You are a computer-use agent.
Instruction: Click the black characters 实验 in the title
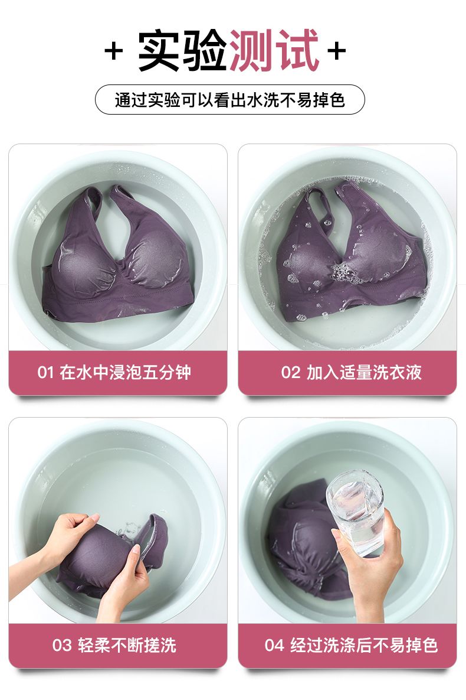tap(183, 50)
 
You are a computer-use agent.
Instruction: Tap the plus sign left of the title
tap(114, 51)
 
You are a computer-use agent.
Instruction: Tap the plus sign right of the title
tap(337, 50)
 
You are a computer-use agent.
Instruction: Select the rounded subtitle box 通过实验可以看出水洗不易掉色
tap(229, 100)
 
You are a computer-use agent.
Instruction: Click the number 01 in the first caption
tap(45, 372)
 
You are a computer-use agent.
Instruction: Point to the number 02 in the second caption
tap(290, 372)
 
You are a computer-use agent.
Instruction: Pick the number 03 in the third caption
tap(61, 645)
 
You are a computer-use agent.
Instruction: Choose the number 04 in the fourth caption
tap(274, 645)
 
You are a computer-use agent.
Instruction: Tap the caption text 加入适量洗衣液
tap(364, 372)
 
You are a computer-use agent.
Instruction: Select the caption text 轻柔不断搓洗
tap(127, 645)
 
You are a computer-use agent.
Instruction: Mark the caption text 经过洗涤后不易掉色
tap(364, 645)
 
